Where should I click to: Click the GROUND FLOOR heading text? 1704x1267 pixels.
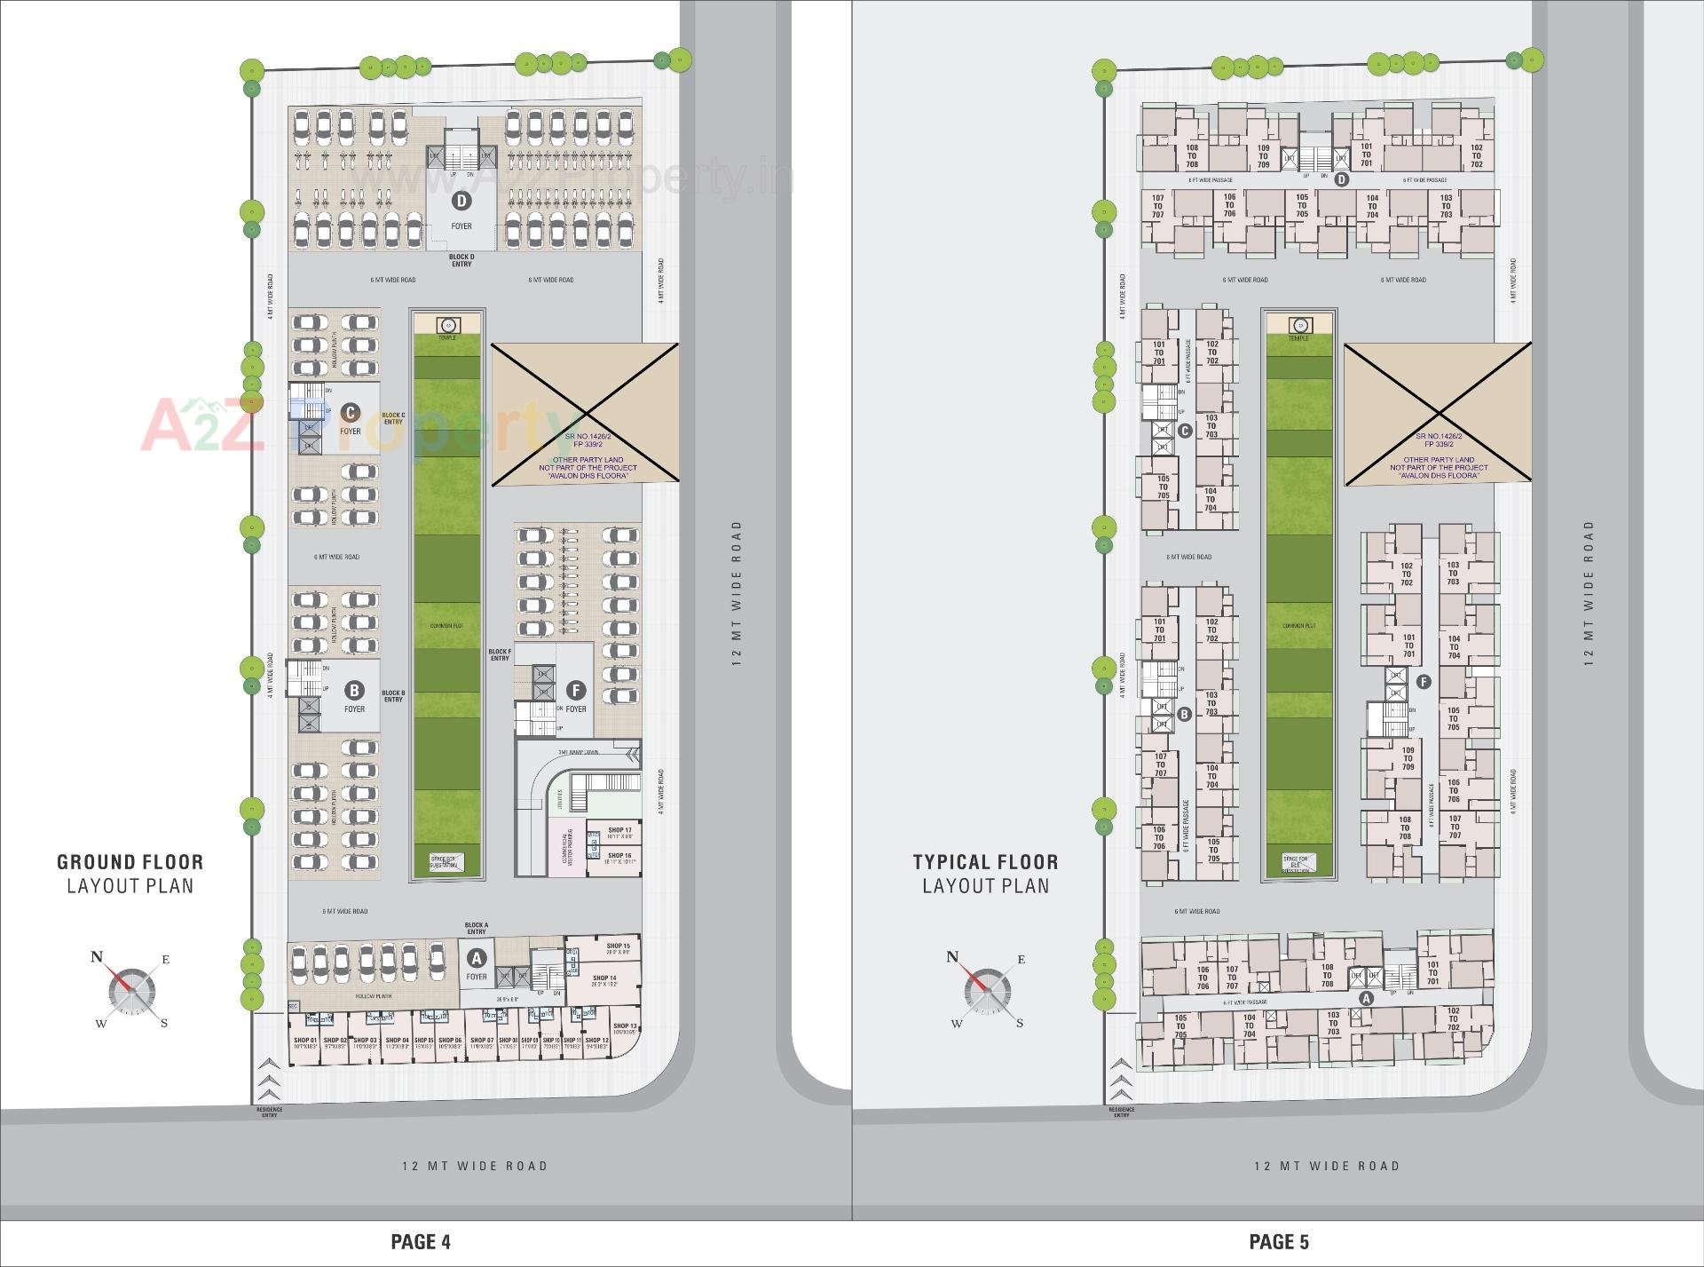(130, 861)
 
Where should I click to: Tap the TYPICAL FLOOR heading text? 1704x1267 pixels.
(985, 861)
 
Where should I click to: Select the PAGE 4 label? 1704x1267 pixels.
(421, 1241)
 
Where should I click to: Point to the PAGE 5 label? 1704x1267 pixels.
(1279, 1241)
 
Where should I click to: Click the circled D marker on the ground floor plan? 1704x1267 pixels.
(461, 201)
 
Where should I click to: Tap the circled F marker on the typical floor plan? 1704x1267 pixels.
(1424, 682)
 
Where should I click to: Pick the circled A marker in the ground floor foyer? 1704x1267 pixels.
(477, 959)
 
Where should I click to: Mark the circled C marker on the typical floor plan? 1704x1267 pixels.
(1184, 432)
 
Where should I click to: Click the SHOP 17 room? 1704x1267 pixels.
(620, 833)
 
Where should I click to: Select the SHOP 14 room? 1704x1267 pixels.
(606, 980)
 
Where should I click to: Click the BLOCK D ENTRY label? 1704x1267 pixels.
(461, 260)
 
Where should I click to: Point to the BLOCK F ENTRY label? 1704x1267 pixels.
(500, 654)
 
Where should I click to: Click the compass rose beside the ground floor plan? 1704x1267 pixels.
(131, 991)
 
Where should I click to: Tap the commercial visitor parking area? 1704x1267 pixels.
(566, 847)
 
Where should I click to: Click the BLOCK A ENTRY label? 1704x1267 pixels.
(477, 928)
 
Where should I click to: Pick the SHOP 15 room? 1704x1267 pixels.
(618, 949)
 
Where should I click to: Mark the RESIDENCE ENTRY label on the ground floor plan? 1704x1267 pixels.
(269, 1112)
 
